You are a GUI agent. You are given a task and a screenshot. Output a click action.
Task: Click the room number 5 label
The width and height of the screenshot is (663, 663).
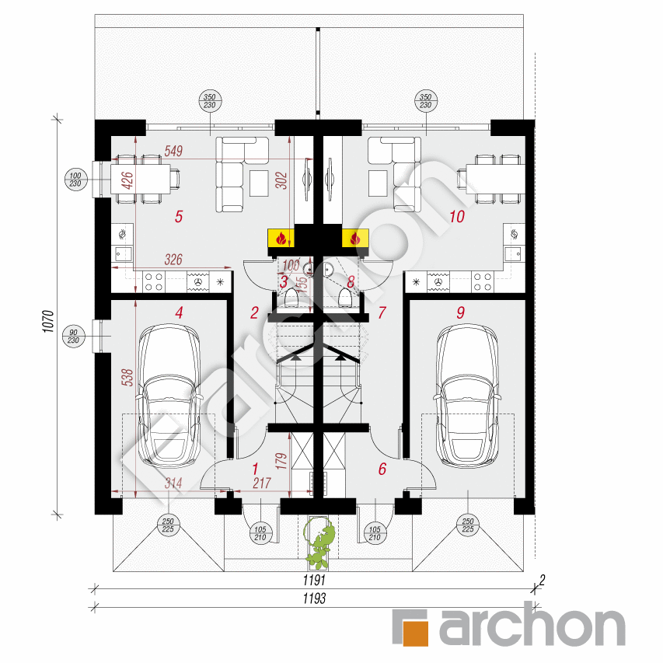179,217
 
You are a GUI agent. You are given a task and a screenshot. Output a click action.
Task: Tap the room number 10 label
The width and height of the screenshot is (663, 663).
456,217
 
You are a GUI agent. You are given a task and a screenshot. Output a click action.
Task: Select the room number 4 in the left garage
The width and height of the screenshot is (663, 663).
179,313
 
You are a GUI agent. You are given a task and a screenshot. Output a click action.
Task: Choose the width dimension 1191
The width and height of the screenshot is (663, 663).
314,581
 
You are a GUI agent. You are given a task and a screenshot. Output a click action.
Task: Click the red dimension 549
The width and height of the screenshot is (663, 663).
173,152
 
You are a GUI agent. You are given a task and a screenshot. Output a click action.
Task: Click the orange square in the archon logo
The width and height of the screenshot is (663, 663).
411,626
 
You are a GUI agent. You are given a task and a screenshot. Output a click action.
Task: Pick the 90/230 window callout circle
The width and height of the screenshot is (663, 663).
75,335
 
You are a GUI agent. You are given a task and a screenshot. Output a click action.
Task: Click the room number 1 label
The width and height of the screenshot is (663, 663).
255,469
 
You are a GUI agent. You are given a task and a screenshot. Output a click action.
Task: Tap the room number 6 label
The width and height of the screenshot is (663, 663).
382,469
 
